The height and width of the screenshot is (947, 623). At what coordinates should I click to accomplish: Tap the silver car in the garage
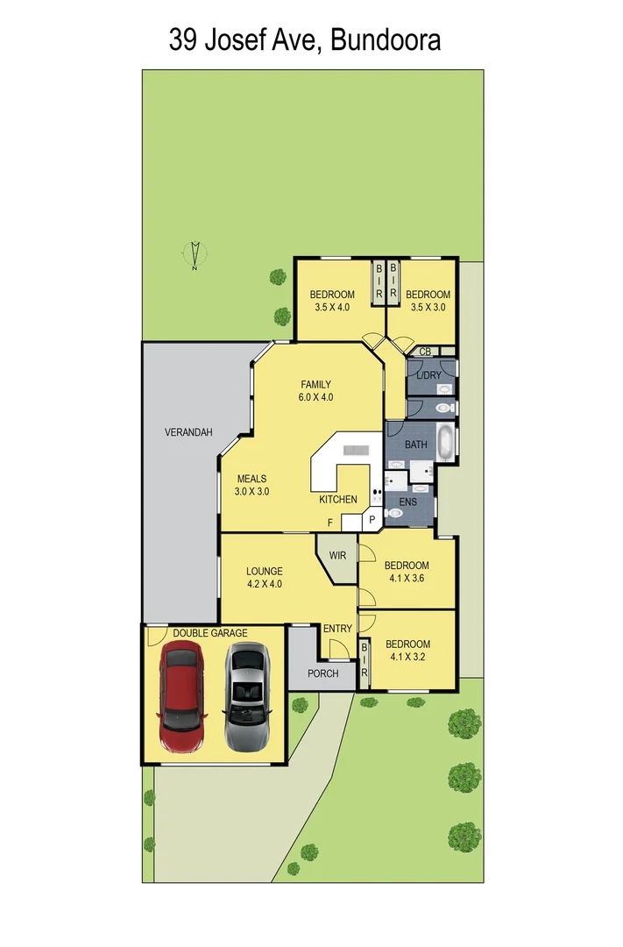pyautogui.click(x=247, y=696)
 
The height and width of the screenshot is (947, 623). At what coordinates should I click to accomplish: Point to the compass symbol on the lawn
pyautogui.click(x=195, y=255)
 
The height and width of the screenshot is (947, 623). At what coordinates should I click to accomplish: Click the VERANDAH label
pyautogui.click(x=188, y=431)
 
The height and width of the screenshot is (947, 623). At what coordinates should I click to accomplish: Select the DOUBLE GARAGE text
pyautogui.click(x=209, y=633)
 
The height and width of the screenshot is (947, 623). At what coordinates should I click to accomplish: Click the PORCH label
pyautogui.click(x=322, y=673)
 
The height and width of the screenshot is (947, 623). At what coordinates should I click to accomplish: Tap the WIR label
pyautogui.click(x=337, y=556)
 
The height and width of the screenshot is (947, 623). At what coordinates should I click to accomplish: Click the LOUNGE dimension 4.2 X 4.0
pyautogui.click(x=264, y=584)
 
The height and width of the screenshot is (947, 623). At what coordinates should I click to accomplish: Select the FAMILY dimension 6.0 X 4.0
pyautogui.click(x=316, y=397)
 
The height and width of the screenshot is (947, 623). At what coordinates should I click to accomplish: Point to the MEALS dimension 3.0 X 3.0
pyautogui.click(x=251, y=492)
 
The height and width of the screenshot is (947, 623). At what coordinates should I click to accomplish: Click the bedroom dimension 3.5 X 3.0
pyautogui.click(x=428, y=307)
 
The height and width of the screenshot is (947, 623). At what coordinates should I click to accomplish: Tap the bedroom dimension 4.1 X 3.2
pyautogui.click(x=407, y=658)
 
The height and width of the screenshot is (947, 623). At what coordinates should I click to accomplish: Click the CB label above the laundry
pyautogui.click(x=425, y=352)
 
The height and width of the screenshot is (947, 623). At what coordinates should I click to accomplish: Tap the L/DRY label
pyautogui.click(x=428, y=375)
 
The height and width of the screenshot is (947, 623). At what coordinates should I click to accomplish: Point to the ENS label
pyautogui.click(x=408, y=502)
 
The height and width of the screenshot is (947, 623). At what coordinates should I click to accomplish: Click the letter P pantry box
pyautogui.click(x=372, y=520)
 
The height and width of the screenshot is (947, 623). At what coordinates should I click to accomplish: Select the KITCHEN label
pyautogui.click(x=337, y=500)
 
